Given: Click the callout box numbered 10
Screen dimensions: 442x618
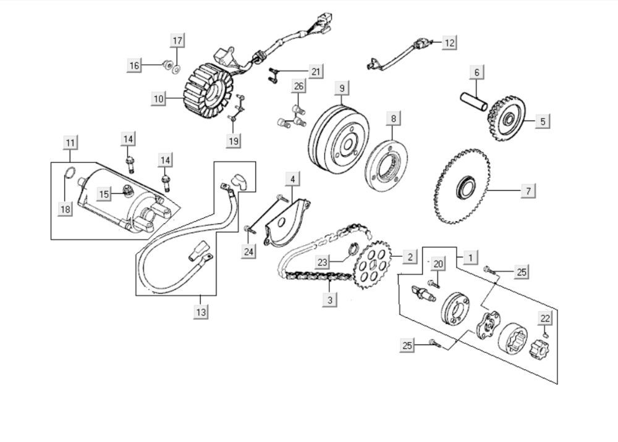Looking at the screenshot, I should [x=159, y=98].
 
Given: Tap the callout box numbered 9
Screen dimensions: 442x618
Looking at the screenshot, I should [x=342, y=88].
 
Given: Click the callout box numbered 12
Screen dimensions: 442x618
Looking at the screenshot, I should [x=449, y=43].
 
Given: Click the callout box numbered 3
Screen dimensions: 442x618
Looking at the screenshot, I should [x=330, y=300].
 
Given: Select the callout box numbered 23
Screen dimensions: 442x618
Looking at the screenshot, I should [x=323, y=262].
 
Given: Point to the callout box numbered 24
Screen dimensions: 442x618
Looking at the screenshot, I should [x=248, y=252].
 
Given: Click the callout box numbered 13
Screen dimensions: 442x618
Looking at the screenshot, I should [x=201, y=312].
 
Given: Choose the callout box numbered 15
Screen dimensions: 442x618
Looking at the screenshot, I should [x=104, y=194].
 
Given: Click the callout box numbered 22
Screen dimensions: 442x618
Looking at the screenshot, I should [x=544, y=319].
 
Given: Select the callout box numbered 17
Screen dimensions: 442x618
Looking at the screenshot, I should [x=177, y=41].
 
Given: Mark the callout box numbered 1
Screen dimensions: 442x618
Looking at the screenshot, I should [x=471, y=256].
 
